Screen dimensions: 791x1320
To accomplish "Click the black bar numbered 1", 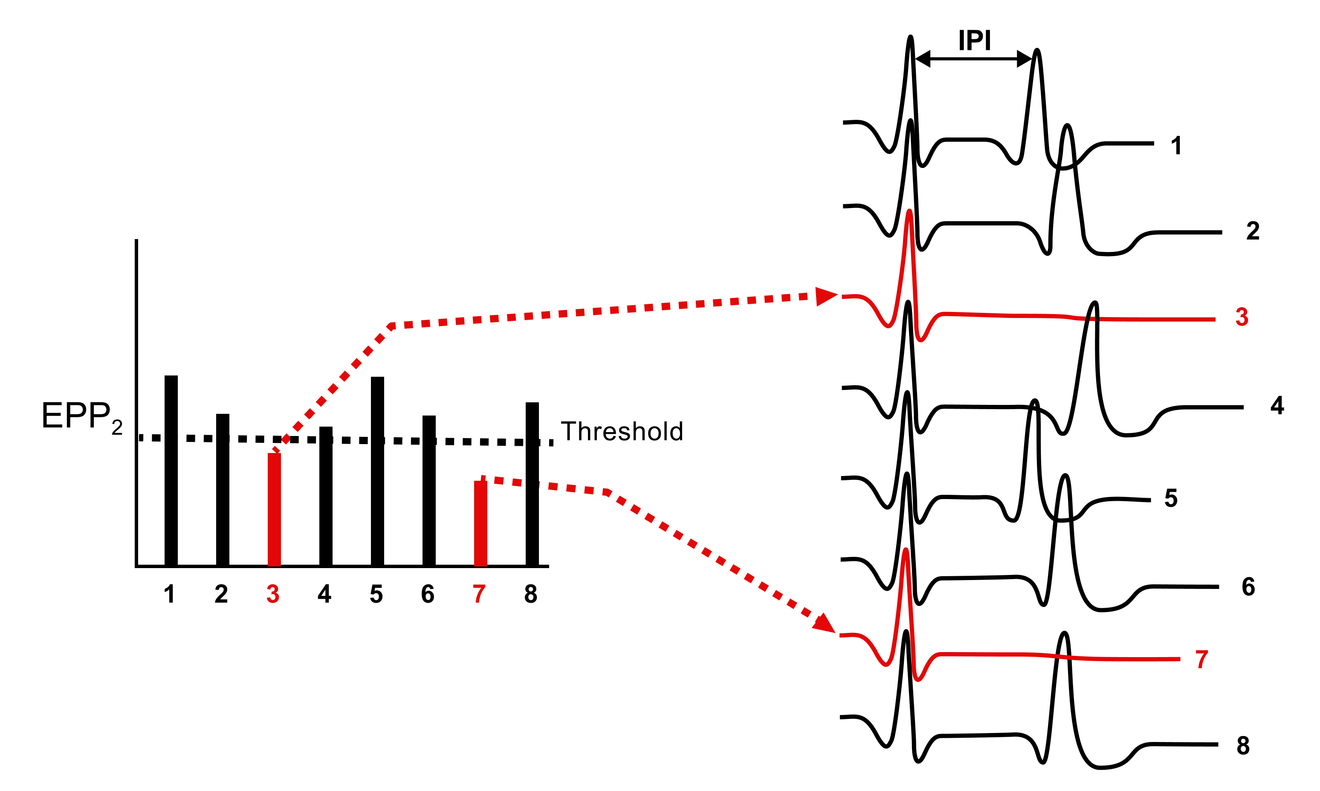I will pyautogui.click(x=171, y=469).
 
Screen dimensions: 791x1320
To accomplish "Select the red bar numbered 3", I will pyautogui.click(x=274, y=509).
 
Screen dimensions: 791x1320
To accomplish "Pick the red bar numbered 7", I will pyautogui.click(x=481, y=523).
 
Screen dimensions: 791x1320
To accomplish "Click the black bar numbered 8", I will pyautogui.click(x=532, y=483).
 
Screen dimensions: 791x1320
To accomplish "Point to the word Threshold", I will pyautogui.click(x=622, y=431).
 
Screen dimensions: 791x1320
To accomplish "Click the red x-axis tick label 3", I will pyautogui.click(x=273, y=594).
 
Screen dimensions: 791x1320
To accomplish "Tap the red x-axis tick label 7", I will pyautogui.click(x=479, y=594).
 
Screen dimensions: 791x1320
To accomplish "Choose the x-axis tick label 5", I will pyautogui.click(x=376, y=594).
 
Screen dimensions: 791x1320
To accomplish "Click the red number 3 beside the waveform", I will pyautogui.click(x=1242, y=317).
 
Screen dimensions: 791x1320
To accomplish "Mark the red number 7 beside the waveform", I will pyautogui.click(x=1201, y=659).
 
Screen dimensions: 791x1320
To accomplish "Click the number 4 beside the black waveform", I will pyautogui.click(x=1277, y=405).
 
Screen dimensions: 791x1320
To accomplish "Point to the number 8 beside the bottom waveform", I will pyautogui.click(x=1243, y=745).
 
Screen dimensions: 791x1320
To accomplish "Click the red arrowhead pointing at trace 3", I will pyautogui.click(x=826, y=296).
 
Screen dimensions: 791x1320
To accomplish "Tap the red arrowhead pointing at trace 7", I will pyautogui.click(x=825, y=624).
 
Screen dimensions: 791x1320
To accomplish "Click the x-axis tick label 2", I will pyautogui.click(x=221, y=594).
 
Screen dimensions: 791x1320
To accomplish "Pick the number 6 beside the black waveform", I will pyautogui.click(x=1248, y=586).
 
